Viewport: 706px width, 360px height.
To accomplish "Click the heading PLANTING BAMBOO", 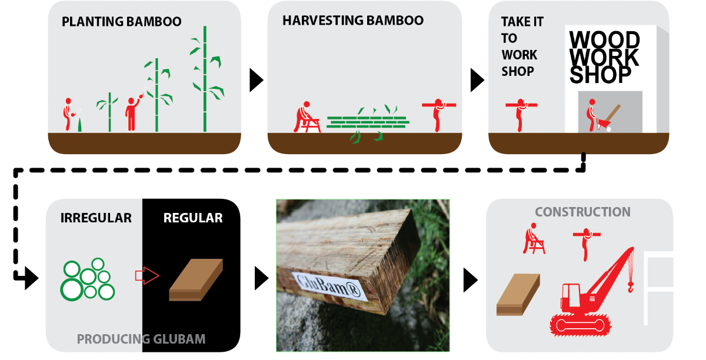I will (x=121, y=22).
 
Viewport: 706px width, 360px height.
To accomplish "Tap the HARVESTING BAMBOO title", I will (x=352, y=20).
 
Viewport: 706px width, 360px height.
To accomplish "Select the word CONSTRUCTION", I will (x=582, y=212).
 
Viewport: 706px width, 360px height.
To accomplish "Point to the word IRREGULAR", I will (x=96, y=218).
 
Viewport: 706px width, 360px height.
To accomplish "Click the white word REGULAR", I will (x=193, y=218).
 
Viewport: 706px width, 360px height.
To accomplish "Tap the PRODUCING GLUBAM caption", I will (x=141, y=339).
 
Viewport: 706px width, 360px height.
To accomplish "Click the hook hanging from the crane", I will (x=631, y=286).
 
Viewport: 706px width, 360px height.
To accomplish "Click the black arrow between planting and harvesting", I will (x=256, y=81).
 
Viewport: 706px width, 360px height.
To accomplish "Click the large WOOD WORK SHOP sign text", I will (x=604, y=58).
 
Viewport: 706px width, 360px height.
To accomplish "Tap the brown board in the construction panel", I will (x=518, y=294).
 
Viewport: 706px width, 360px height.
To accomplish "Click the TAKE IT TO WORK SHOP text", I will (x=521, y=46).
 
